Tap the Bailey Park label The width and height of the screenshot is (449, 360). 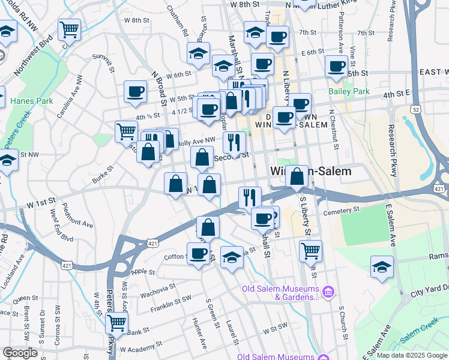(349, 92)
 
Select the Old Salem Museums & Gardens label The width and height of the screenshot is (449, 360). (280, 293)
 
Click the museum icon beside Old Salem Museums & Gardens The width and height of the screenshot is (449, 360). (328, 293)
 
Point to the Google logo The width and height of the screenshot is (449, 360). (20, 352)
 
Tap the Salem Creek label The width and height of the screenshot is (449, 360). (421, 333)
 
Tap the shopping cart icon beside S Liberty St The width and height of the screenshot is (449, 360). (310, 250)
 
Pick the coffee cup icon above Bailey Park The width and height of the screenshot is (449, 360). (336, 67)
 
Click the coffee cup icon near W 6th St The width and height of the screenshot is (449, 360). (136, 91)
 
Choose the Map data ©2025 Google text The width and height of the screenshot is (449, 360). (411, 355)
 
